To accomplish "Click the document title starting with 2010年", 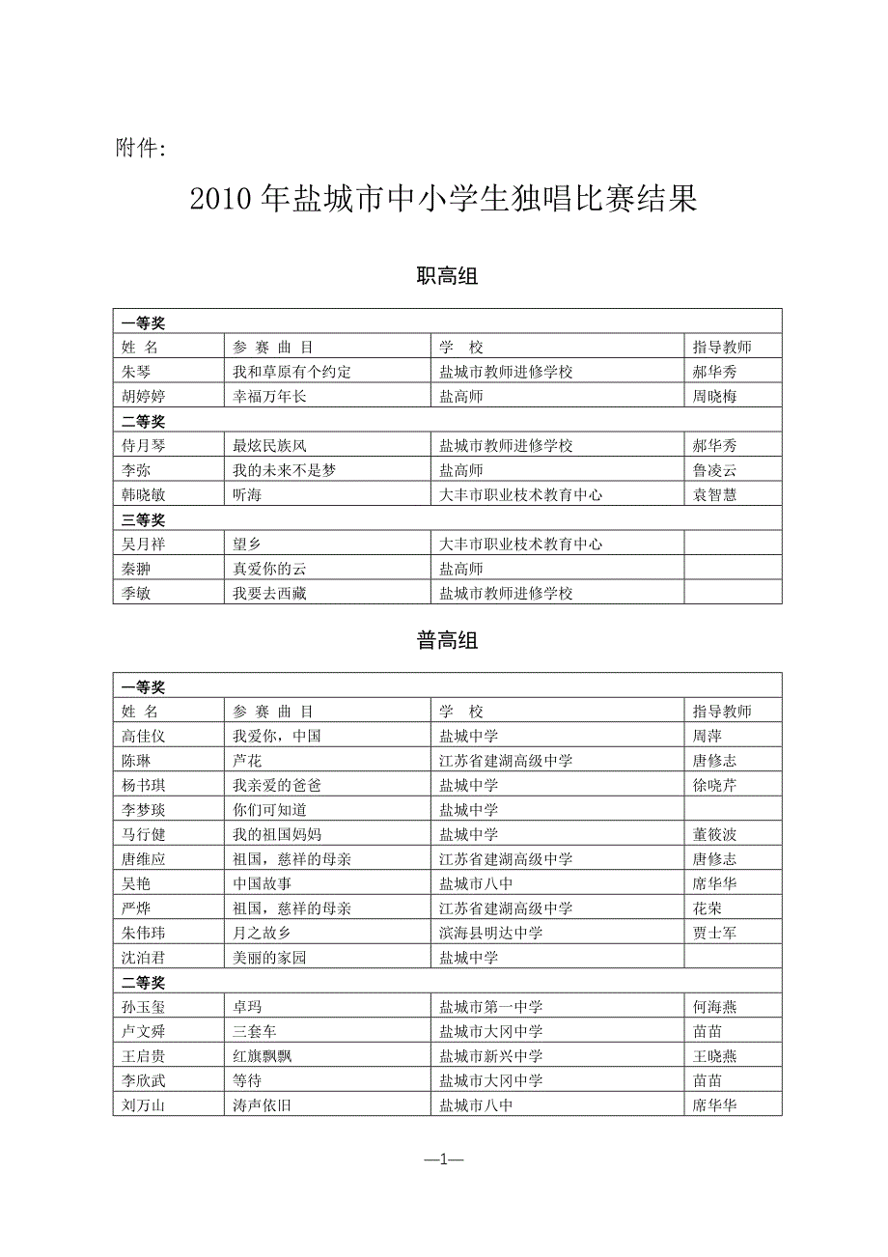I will coord(443,200).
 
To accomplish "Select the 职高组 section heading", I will coord(447,277).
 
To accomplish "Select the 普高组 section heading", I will coord(447,640).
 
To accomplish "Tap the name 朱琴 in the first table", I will coord(136,372).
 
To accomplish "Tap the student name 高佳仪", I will coord(144,736).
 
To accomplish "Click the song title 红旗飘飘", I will coord(262,1056).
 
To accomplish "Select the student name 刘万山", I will coord(144,1105).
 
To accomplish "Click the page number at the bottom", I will coord(444,1160).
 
